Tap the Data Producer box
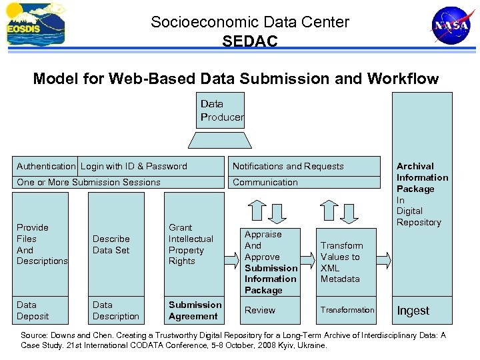pos(221,110)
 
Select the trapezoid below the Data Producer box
pos(221,139)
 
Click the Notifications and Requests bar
pos(307,166)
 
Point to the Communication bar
pos(307,182)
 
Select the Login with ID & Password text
pos(134,166)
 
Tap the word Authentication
pos(46,166)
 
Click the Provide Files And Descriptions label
pos(41,244)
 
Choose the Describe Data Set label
pos(111,244)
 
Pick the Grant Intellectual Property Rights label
pos(191,244)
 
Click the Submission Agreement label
pos(195,311)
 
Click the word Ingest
pos(413,311)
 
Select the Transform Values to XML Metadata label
pos(341,262)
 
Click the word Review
pos(260,310)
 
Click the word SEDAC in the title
pos(250,41)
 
